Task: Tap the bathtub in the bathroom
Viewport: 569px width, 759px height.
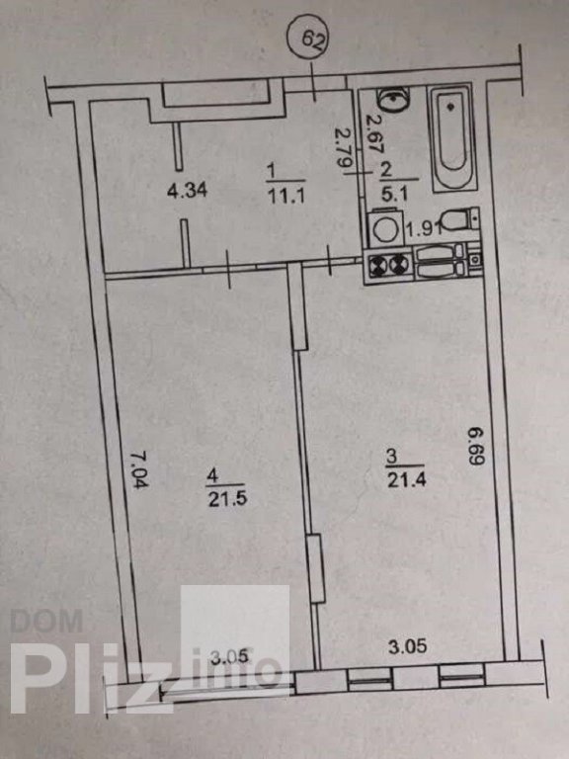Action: [x=451, y=137]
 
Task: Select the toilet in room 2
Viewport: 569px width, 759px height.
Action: [x=460, y=220]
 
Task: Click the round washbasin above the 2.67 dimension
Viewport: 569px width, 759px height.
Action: [x=392, y=98]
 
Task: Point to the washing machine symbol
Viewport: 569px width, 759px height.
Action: [x=385, y=228]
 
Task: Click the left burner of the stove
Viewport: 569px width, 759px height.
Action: [x=377, y=266]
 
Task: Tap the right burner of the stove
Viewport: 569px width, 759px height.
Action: [x=399, y=265]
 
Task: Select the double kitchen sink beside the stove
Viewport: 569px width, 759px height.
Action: [x=441, y=262]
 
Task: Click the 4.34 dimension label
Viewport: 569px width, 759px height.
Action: [x=188, y=191]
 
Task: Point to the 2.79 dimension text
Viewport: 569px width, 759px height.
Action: [x=345, y=146]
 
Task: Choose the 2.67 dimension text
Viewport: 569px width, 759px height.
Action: [x=373, y=134]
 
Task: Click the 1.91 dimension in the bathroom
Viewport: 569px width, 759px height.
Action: [x=424, y=228]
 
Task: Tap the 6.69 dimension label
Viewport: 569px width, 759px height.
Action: [x=476, y=446]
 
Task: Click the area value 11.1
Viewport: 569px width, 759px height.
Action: [x=286, y=196]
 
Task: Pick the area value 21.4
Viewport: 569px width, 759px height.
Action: [x=406, y=480]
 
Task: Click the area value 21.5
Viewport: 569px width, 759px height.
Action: [x=227, y=499]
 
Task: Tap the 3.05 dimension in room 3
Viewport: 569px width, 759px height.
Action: [x=408, y=646]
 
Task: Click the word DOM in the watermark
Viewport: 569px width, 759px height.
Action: [x=46, y=621]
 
